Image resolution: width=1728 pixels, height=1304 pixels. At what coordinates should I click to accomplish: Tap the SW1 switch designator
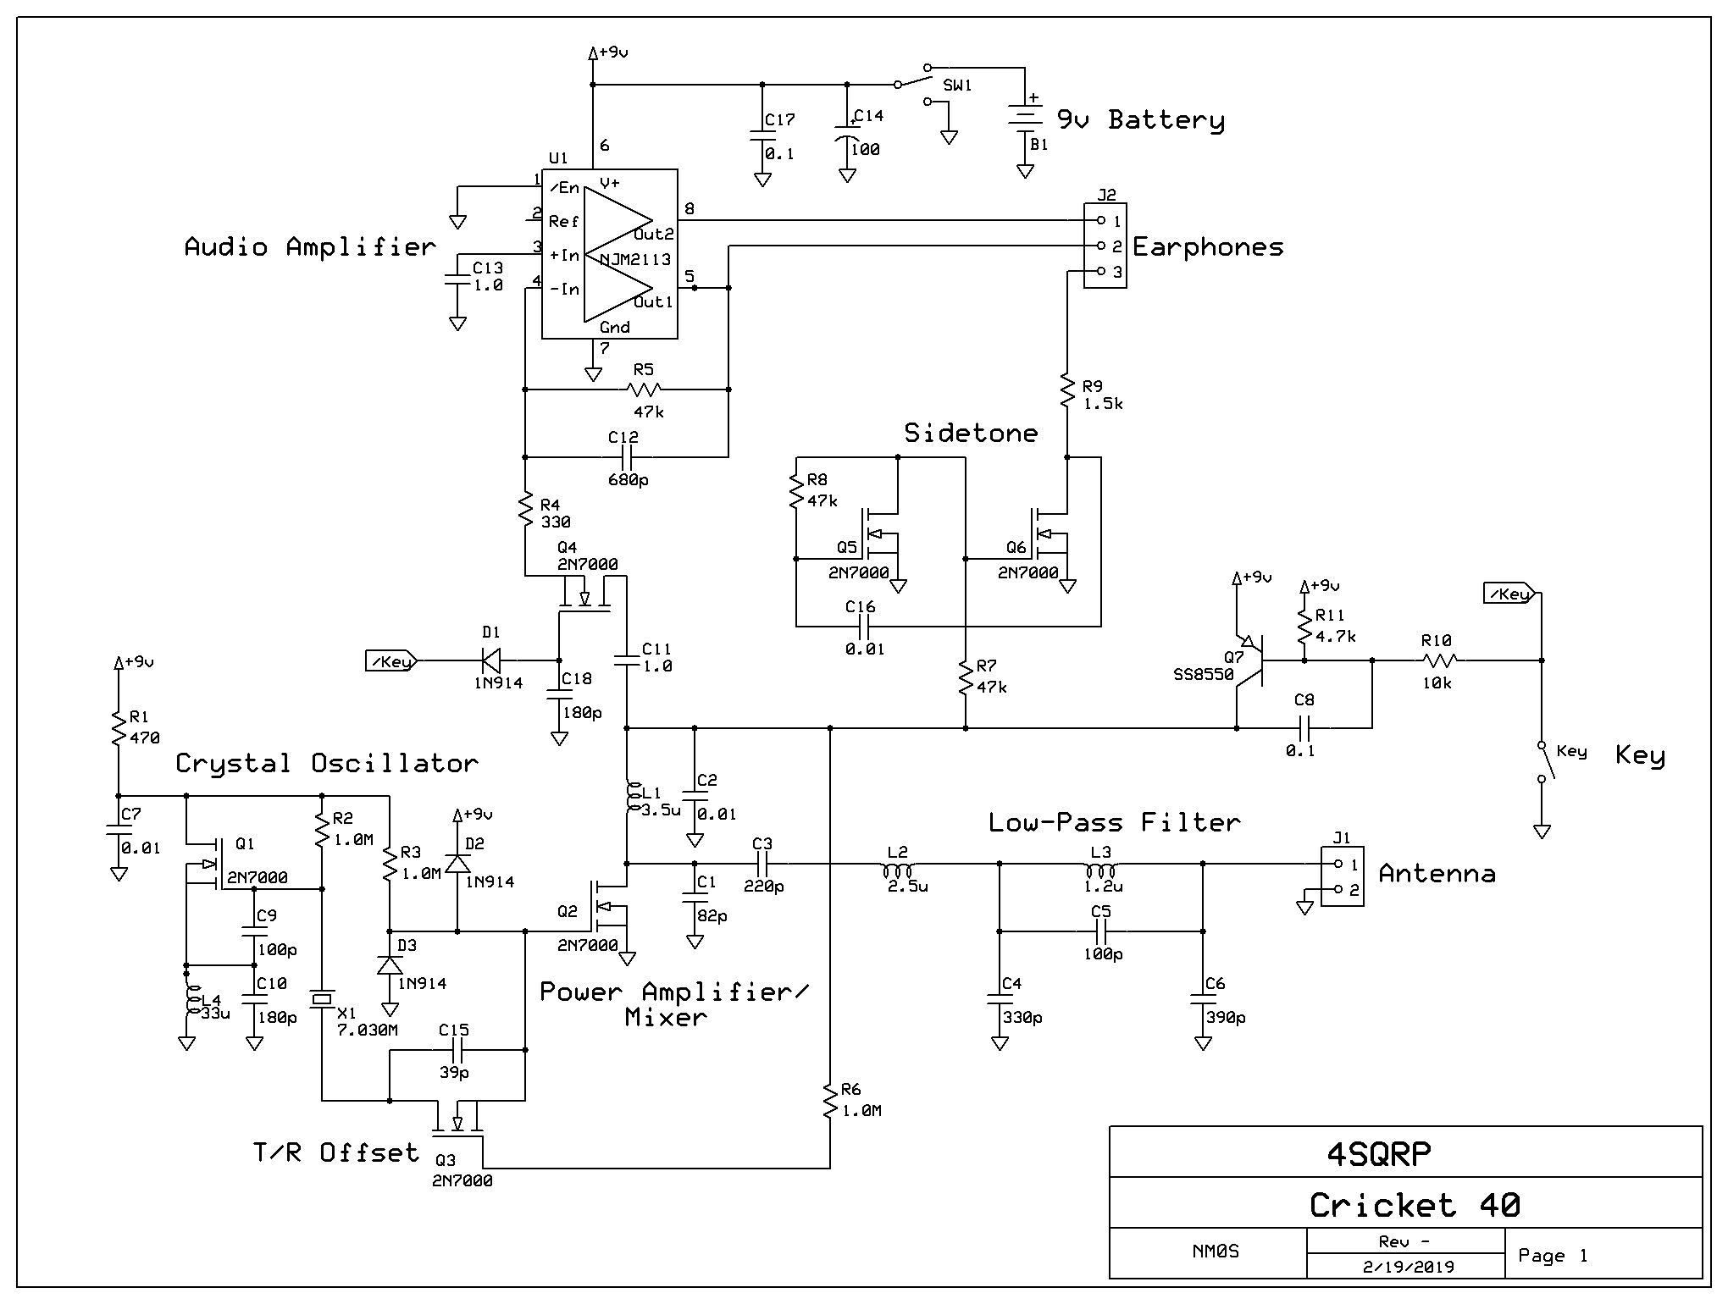[x=958, y=86]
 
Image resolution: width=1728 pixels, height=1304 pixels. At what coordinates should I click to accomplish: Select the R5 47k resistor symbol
[x=644, y=390]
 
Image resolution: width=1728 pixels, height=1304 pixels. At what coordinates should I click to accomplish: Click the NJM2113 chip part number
[x=635, y=259]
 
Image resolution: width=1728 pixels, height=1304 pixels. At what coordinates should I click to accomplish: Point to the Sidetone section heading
[x=971, y=434]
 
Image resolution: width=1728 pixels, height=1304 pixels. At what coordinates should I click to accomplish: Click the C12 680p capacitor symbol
[x=627, y=457]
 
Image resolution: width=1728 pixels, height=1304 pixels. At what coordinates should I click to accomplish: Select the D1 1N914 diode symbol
[x=490, y=660]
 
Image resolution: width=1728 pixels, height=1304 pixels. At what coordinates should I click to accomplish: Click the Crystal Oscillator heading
[x=326, y=764]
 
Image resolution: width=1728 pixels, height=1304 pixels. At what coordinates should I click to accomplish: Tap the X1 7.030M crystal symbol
[x=322, y=1000]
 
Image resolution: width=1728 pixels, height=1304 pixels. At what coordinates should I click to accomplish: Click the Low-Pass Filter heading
[x=1114, y=822]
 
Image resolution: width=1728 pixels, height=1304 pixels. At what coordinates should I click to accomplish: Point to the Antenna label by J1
[x=1437, y=874]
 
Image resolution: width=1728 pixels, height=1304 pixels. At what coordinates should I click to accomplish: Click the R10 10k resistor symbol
[x=1437, y=660]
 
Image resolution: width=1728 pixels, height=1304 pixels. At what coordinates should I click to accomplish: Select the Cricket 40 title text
[x=1414, y=1205]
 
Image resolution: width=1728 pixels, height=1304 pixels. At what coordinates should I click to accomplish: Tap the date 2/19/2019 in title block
[x=1405, y=1267]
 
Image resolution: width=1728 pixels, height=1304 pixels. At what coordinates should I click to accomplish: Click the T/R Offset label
[x=335, y=1152]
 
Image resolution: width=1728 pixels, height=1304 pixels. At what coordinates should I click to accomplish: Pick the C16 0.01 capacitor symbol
[x=864, y=627]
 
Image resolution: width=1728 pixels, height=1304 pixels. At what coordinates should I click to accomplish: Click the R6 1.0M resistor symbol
[x=830, y=1101]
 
